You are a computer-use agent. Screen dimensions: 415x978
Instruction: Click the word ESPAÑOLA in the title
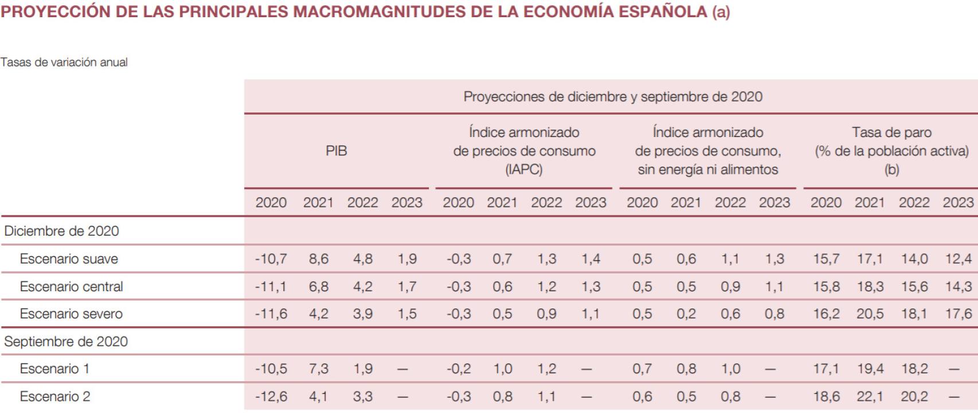(x=664, y=12)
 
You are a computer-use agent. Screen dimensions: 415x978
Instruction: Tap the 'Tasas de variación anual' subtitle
(x=64, y=62)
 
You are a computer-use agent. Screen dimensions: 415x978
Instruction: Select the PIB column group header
(x=337, y=151)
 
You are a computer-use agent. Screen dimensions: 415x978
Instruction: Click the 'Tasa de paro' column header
(x=891, y=132)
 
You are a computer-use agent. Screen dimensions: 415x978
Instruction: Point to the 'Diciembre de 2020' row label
(x=61, y=231)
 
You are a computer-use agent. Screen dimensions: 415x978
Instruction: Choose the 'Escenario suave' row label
(x=69, y=259)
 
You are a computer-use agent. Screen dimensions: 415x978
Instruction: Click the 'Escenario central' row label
(x=71, y=286)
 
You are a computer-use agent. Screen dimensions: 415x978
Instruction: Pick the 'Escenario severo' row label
(x=71, y=314)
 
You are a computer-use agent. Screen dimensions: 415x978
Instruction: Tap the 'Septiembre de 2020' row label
(x=66, y=342)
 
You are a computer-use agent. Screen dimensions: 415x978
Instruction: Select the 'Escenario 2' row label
(x=55, y=396)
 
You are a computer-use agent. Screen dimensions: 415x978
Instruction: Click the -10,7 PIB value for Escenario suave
(x=271, y=259)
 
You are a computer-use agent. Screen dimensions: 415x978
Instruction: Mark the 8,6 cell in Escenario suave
(x=319, y=259)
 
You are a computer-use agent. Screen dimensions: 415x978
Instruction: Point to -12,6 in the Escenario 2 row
(x=271, y=396)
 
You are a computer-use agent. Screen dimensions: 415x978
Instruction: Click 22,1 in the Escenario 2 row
(x=870, y=396)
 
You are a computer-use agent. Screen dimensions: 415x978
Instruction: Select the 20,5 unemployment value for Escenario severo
(x=870, y=314)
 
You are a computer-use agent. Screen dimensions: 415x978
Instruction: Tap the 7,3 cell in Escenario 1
(x=319, y=369)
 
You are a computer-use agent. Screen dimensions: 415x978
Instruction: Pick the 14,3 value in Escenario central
(x=959, y=286)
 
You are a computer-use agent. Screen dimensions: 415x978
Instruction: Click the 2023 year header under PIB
(x=406, y=202)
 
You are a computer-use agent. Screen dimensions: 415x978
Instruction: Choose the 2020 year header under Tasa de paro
(x=826, y=202)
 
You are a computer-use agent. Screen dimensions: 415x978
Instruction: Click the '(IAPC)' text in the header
(x=524, y=170)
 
